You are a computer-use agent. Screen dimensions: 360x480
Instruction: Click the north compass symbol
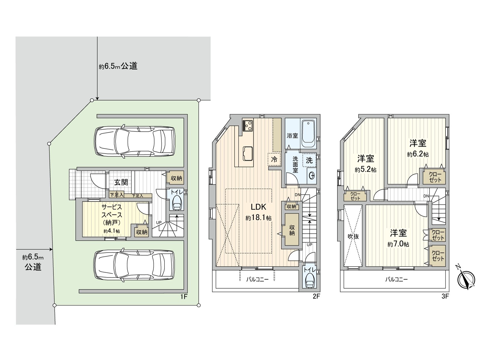[466, 279]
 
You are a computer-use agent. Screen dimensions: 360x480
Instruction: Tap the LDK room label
[258, 207]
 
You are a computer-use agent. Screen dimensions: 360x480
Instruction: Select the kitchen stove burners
[248, 125]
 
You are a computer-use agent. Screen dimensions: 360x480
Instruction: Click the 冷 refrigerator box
[274, 159]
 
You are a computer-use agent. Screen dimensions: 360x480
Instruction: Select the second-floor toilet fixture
[309, 281]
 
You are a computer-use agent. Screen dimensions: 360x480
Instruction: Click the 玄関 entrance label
[121, 182]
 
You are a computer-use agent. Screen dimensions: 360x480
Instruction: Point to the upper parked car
[134, 141]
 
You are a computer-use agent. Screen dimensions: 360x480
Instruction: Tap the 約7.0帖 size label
[398, 244]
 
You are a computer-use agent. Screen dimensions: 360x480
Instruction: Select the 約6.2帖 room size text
[418, 154]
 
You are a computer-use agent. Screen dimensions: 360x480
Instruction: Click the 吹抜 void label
[353, 236]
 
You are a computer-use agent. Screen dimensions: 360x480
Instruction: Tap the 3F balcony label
[396, 280]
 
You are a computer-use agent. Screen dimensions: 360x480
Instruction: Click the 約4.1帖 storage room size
[112, 231]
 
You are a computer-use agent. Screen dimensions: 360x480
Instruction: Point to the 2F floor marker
[316, 297]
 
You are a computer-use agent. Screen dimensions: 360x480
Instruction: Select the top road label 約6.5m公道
[118, 66]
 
